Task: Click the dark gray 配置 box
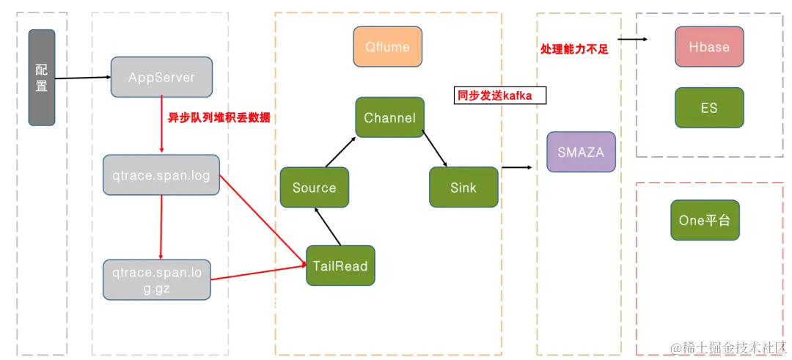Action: (x=42, y=77)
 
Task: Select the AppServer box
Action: (x=161, y=77)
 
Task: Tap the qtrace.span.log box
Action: (x=161, y=175)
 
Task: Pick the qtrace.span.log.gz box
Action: (x=157, y=279)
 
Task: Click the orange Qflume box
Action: (x=387, y=47)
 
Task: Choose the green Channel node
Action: (x=389, y=117)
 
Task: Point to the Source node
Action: (x=314, y=188)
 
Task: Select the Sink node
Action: (x=463, y=188)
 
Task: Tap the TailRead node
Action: (x=340, y=265)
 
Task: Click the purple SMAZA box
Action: (x=581, y=152)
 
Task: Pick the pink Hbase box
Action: (x=709, y=47)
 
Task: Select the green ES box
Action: (x=708, y=108)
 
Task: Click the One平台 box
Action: (x=705, y=220)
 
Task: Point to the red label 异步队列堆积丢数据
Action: (x=214, y=117)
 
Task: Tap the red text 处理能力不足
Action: (x=574, y=50)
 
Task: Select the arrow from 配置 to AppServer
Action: (x=82, y=77)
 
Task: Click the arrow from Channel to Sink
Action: (x=436, y=149)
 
